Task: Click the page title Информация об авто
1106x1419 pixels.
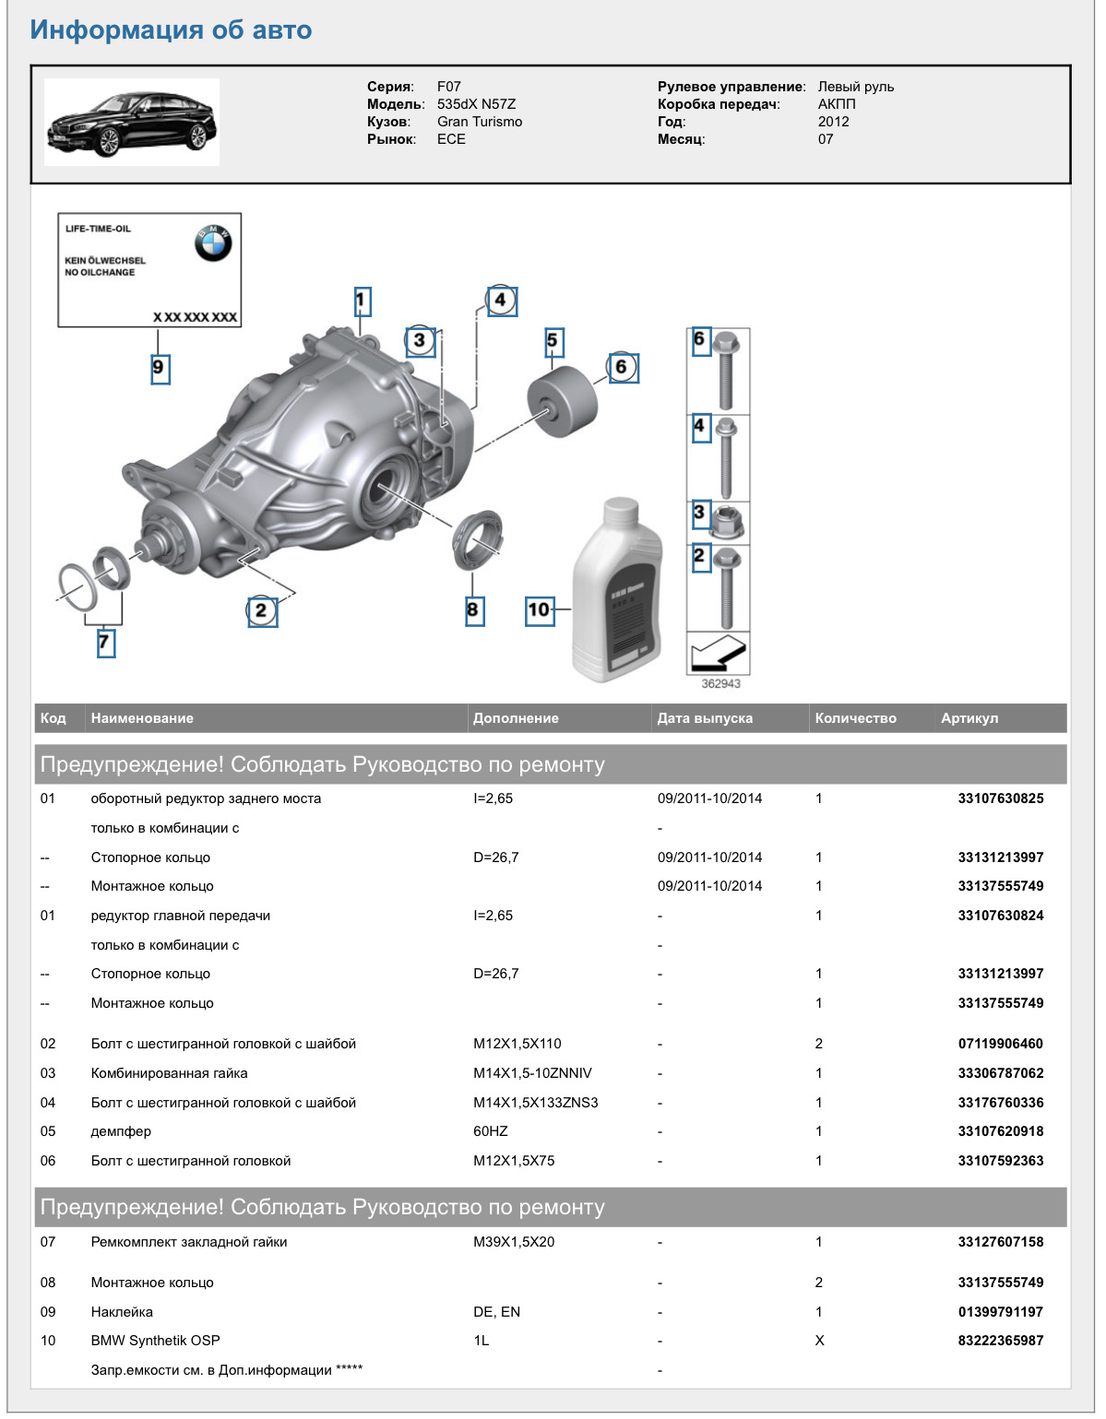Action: pos(171,30)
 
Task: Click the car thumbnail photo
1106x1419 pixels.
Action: pos(132,122)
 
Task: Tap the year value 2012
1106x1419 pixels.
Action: pos(833,122)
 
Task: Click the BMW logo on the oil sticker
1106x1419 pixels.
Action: pos(213,243)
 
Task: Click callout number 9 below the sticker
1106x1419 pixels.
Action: pos(160,368)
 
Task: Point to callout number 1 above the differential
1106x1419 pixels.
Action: pos(362,301)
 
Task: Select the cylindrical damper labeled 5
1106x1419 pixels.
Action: pos(562,401)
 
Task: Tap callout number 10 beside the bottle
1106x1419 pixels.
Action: pos(539,609)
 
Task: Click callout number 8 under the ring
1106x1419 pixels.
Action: pos(474,609)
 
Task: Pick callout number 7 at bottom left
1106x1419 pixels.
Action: pos(106,642)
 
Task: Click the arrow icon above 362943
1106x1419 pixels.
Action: pos(718,654)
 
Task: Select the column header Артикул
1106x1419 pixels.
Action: pos(969,718)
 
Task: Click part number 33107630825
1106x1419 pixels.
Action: pos(1000,798)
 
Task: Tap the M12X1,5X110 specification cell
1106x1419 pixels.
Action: pos(517,1044)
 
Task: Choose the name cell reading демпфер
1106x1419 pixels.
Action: pos(121,1131)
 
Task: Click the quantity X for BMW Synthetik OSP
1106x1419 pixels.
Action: pos(819,1341)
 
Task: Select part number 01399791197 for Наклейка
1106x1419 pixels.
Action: pos(1000,1312)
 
